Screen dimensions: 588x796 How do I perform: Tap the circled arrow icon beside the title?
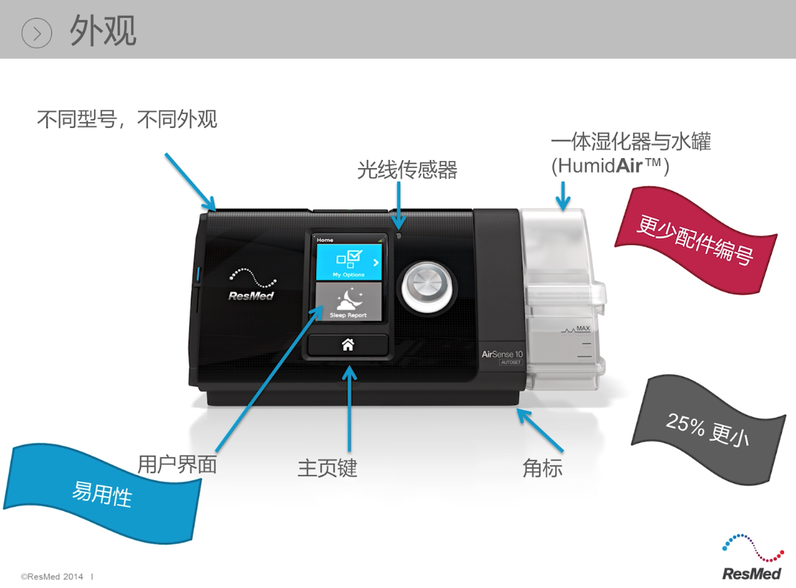click(37, 32)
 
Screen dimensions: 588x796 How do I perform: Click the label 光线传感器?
click(407, 169)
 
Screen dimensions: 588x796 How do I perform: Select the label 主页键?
click(327, 468)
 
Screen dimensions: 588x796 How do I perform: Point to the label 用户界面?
click(177, 464)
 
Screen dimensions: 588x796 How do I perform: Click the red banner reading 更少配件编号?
click(694, 238)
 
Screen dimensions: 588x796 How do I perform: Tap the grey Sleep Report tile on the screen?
click(348, 303)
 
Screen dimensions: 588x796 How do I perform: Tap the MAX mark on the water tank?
click(583, 327)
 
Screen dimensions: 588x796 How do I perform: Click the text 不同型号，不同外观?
click(127, 119)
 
